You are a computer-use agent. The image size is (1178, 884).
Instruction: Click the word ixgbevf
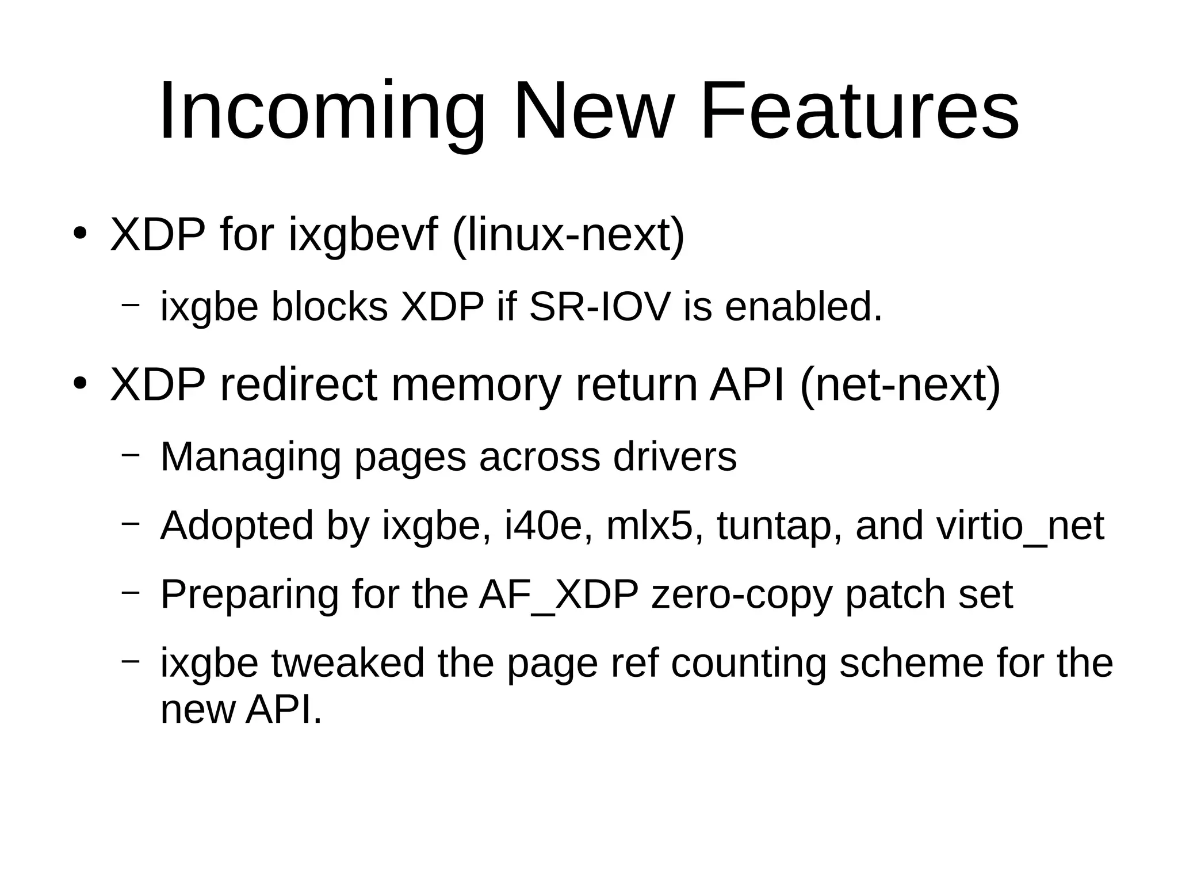363,235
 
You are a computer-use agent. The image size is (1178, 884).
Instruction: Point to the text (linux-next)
569,235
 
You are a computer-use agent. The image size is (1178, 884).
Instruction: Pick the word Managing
250,457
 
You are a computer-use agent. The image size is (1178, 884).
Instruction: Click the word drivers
675,457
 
